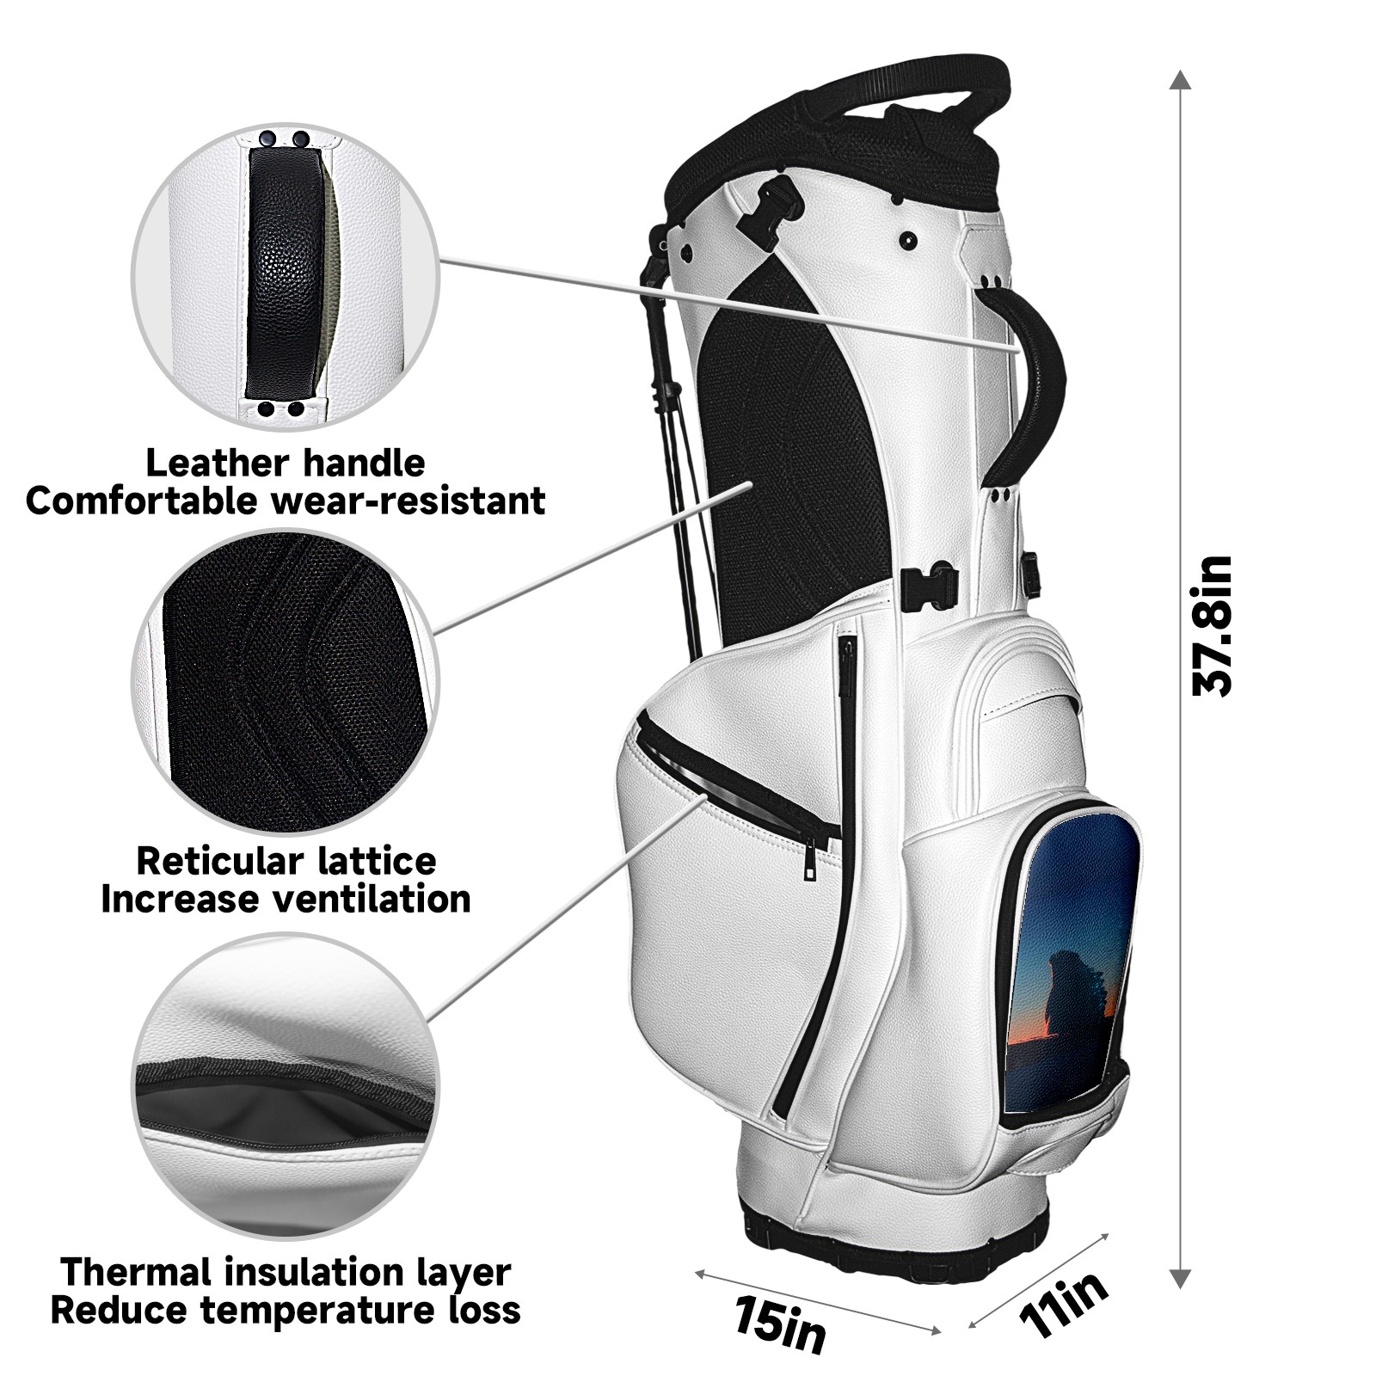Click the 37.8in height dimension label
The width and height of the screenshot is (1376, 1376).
point(1213,625)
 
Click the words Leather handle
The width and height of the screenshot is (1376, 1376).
point(285,463)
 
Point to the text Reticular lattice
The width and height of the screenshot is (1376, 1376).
point(286,861)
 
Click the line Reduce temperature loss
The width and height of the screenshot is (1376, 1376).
point(286,1310)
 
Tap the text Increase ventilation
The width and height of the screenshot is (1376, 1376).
point(286,900)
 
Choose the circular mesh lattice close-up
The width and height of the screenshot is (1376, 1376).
point(285,679)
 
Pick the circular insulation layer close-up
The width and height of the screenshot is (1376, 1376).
point(285,1088)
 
